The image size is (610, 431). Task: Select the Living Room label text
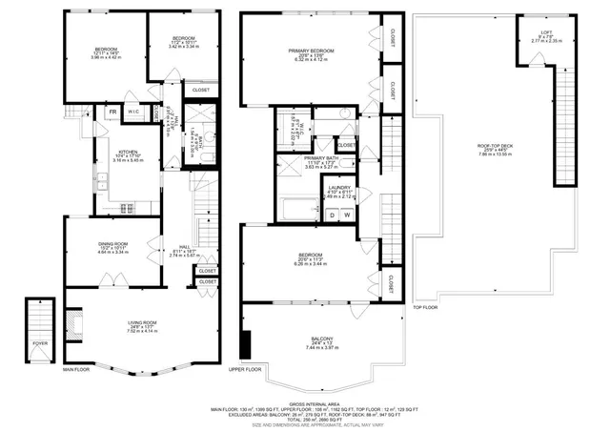[x=142, y=327]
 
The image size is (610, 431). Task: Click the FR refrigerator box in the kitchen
[x=112, y=113]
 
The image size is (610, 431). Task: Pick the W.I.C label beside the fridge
[x=133, y=113]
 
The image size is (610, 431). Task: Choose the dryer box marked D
[x=332, y=215]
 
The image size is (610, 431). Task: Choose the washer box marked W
[x=347, y=215]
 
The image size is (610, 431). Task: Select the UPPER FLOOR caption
[x=245, y=369]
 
